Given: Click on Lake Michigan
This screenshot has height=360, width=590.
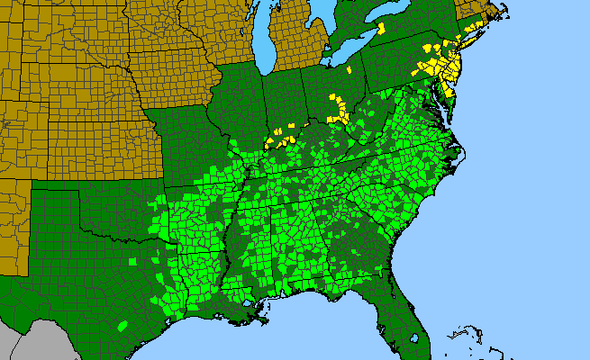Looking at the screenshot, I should pyautogui.click(x=263, y=45).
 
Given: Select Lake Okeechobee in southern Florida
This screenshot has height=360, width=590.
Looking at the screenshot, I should pyautogui.click(x=414, y=338).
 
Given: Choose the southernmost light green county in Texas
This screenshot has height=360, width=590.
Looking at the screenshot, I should pyautogui.click(x=123, y=324).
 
